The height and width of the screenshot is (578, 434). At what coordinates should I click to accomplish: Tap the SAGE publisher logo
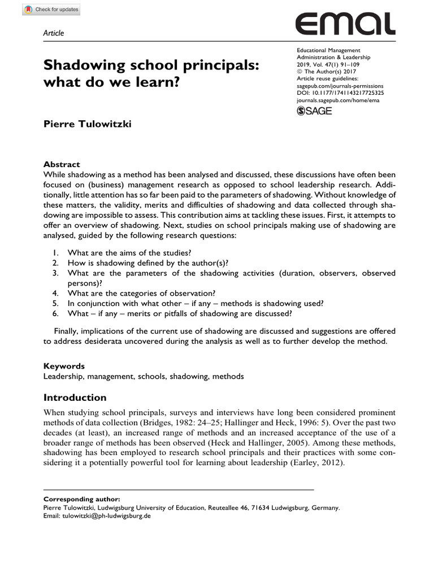click(314, 111)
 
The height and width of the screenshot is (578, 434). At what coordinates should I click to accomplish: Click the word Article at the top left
click(54, 33)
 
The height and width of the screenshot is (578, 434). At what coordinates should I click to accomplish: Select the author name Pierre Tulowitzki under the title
click(88, 124)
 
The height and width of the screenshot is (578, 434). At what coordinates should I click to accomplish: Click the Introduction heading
click(75, 397)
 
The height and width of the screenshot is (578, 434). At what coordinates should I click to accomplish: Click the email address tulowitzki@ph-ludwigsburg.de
click(107, 515)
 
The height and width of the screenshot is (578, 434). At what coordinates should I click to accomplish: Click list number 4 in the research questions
click(55, 294)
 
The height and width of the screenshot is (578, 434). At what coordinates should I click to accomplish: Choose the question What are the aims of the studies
click(133, 253)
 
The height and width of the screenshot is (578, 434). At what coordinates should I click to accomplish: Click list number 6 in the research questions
click(55, 314)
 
